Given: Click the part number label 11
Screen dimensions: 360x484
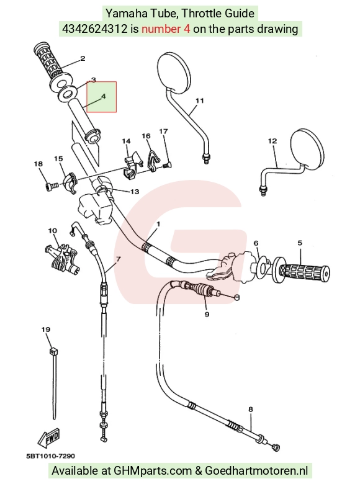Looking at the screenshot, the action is coord(200,101).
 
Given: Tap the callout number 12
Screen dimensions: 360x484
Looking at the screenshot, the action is coord(272,141).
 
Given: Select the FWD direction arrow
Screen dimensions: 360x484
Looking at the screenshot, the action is coord(49,438).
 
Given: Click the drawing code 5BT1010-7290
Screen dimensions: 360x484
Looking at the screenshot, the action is coord(51,456).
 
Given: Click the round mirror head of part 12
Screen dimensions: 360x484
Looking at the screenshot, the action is coord(308,148).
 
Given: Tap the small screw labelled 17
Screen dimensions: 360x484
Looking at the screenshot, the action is coord(167,166).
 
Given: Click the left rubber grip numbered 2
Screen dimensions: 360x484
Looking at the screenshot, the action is coord(51,65).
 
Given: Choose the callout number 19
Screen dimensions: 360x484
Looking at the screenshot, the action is coord(46,329).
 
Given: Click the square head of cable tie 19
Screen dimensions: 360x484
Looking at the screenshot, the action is coord(53,351).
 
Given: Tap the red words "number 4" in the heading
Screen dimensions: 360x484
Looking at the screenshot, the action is coord(166,29).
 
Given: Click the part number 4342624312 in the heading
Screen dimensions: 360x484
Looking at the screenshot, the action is coord(95,29).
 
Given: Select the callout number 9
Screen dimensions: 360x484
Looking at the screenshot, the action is coord(207,314).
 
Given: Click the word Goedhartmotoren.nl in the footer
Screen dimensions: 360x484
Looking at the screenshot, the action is coord(256,471).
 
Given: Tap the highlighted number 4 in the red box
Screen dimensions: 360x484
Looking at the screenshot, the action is coord(104,96).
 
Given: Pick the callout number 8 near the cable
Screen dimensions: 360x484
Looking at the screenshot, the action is coord(250,410).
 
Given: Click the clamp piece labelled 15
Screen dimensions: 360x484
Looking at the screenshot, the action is coord(70,183).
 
